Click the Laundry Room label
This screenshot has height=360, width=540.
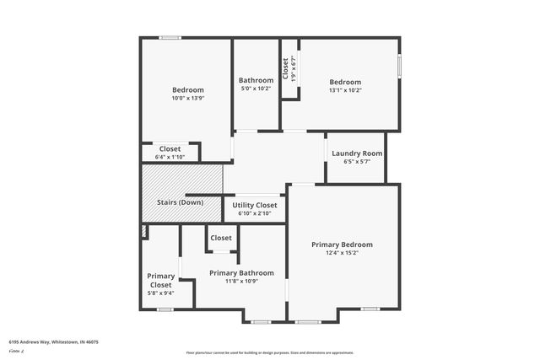[357, 153]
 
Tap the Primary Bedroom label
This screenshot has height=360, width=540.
[342, 244]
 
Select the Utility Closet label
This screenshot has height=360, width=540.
[254, 205]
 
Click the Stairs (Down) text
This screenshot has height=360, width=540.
[180, 202]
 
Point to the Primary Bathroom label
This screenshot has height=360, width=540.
[241, 273]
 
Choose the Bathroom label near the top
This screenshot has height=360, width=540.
[256, 80]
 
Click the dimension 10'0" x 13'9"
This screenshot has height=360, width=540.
[188, 98]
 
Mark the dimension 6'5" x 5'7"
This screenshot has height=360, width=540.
[357, 161]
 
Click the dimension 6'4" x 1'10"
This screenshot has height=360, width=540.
[170, 157]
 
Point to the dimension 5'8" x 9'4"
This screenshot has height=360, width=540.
[160, 293]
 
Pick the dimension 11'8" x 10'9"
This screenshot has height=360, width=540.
[241, 281]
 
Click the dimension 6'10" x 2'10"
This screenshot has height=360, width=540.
[254, 212]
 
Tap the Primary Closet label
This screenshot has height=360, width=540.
[160, 281]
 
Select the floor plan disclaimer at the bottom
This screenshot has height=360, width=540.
[270, 352]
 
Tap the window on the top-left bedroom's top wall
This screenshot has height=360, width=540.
[170, 37]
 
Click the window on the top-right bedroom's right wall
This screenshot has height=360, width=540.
[399, 67]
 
